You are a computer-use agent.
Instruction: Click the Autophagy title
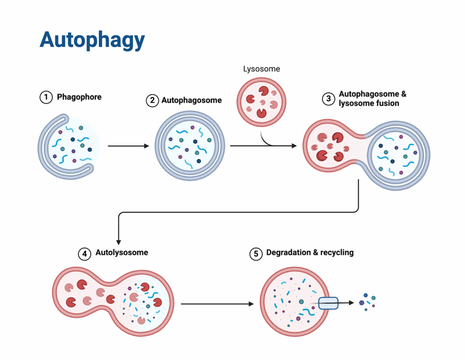point(92,40)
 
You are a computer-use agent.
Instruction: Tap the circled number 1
point(46,97)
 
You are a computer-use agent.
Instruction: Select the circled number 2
point(152,100)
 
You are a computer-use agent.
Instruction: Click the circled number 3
point(329,99)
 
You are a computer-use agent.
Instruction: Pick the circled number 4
point(84,253)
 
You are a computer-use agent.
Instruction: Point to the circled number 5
point(256,253)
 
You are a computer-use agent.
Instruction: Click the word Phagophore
point(79,97)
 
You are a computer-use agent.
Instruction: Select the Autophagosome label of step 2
point(192,100)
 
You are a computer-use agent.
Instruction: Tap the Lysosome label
point(262,69)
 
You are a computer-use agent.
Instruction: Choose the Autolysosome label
point(122,252)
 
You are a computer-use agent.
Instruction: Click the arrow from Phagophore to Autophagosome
point(129,146)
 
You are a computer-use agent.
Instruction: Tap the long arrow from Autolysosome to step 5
point(217,304)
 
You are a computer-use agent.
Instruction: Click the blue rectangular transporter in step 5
point(328,303)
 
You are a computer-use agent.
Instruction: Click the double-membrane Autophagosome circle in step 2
point(190,146)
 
